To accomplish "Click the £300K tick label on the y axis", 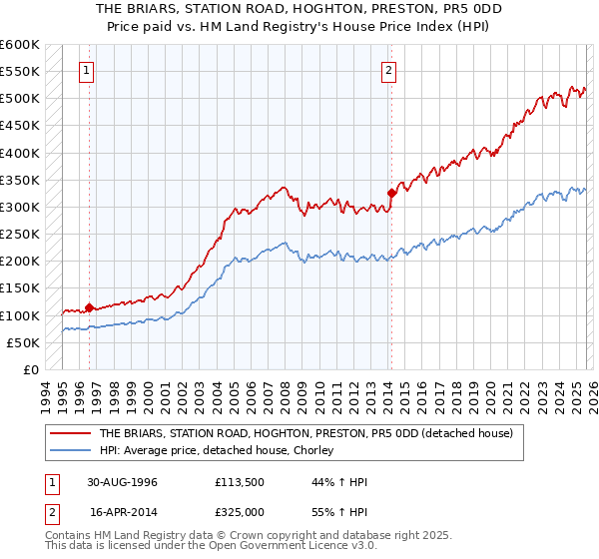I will pyautogui.click(x=20, y=208).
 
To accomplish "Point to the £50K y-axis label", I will pyautogui.click(x=23, y=342).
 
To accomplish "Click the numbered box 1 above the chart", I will pyautogui.click(x=89, y=71).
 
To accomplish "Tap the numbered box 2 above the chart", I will pyautogui.click(x=387, y=71).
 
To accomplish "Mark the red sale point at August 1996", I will pyautogui.click(x=90, y=307).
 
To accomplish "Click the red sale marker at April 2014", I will pyautogui.click(x=390, y=194).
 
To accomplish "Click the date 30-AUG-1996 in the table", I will pyautogui.click(x=123, y=482).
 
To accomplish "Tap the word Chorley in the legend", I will pyautogui.click(x=311, y=450).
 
